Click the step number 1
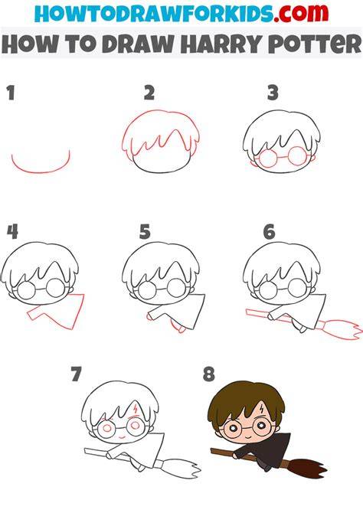click(x=11, y=93)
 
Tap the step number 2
click(x=149, y=93)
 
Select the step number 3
click(x=273, y=93)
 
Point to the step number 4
click(x=12, y=232)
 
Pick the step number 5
click(x=145, y=232)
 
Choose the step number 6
click(x=269, y=232)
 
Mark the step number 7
click(x=76, y=374)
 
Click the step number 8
click(x=208, y=374)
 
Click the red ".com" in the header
click(x=301, y=13)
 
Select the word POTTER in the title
click(x=316, y=44)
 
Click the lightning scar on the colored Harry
click(x=262, y=409)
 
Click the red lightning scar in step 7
click(x=136, y=409)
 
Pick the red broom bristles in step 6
click(x=342, y=330)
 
